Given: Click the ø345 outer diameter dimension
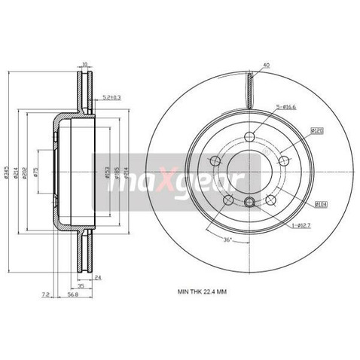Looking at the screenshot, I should [x=6, y=175].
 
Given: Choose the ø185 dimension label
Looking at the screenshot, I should [x=116, y=175].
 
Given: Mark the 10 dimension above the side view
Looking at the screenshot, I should [x=85, y=64].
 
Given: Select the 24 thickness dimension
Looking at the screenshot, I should [x=98, y=277].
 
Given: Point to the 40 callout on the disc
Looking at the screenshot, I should [x=267, y=64].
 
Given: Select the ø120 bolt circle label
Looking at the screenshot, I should [x=317, y=130].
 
